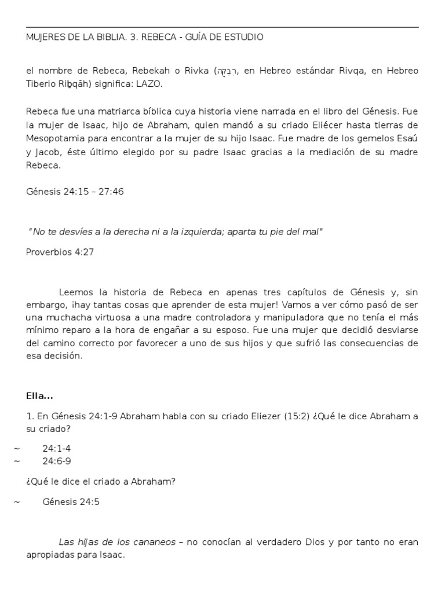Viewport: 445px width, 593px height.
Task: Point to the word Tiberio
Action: click(42, 85)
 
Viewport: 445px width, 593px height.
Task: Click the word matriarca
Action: click(121, 111)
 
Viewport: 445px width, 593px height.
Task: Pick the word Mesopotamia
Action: click(56, 138)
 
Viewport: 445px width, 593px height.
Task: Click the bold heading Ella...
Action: click(39, 396)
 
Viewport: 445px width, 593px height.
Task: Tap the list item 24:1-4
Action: click(57, 448)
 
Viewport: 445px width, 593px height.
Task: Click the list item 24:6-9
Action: click(57, 461)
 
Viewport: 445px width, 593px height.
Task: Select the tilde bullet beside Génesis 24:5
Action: click(17, 502)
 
